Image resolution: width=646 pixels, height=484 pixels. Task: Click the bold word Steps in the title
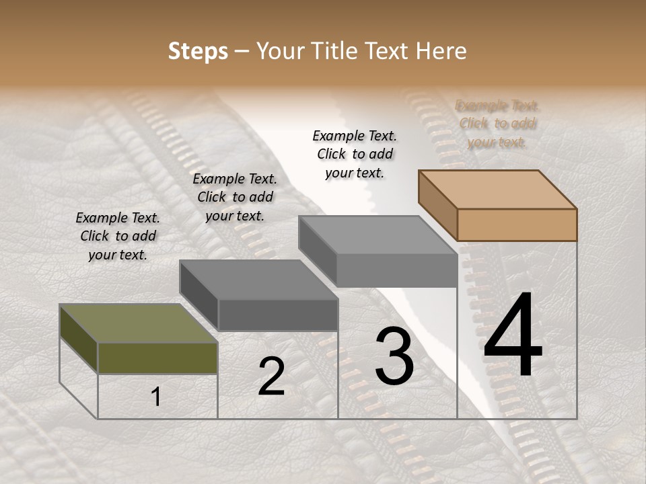(x=198, y=51)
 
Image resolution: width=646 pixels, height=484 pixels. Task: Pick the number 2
(x=271, y=376)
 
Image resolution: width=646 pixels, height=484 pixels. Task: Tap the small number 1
(x=155, y=397)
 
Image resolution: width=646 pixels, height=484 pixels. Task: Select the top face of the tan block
(x=497, y=189)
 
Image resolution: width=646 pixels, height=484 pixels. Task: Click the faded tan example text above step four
(x=497, y=124)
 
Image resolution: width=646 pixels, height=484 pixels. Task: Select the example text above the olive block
(x=118, y=236)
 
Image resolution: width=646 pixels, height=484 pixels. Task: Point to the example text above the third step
(x=355, y=154)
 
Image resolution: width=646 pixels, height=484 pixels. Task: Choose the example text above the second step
(x=235, y=197)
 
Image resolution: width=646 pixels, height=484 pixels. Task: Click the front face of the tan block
(x=517, y=225)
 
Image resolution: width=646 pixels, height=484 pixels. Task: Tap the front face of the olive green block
(x=157, y=358)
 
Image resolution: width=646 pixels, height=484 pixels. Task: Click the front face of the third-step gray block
(x=397, y=271)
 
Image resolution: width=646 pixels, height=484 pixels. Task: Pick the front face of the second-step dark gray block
(x=278, y=315)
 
